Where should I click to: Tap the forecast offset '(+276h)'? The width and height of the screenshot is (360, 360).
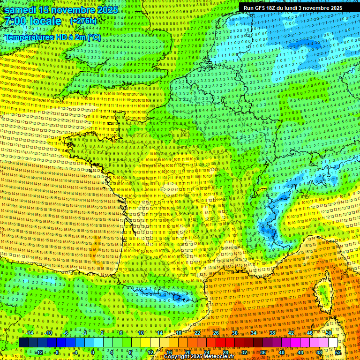click(x=83, y=21)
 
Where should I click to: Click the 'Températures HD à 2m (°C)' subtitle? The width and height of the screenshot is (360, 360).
click(x=53, y=37)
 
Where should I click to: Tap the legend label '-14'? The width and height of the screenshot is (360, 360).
click(x=29, y=333)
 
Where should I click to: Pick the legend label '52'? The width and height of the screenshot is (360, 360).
click(x=338, y=352)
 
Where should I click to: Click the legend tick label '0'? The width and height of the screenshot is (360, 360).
click(x=93, y=352)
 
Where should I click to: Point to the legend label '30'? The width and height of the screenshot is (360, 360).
click(x=235, y=333)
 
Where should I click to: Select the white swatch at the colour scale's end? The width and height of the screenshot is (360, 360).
click(x=333, y=343)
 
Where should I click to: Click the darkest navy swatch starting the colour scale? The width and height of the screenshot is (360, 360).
click(x=24, y=343)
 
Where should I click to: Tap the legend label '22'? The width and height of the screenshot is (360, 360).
click(x=197, y=333)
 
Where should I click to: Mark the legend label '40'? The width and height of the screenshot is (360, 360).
click(x=282, y=352)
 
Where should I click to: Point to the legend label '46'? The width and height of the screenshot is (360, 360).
click(x=310, y=333)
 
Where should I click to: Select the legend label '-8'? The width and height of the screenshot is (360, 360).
click(x=57, y=352)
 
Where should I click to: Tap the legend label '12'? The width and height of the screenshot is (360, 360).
click(x=150, y=352)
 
